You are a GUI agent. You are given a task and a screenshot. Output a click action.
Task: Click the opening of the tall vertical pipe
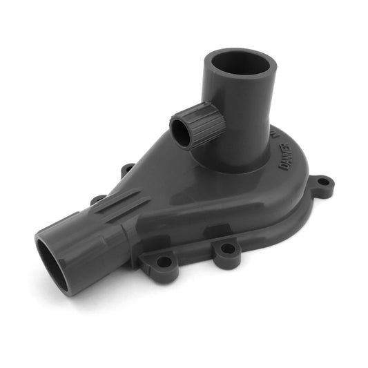tap(240, 66)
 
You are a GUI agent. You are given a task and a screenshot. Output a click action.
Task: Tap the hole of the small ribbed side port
tap(182, 131)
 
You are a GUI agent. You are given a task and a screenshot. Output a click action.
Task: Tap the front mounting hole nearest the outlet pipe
tap(164, 262)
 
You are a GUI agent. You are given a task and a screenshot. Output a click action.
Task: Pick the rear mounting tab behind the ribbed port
tap(127, 169)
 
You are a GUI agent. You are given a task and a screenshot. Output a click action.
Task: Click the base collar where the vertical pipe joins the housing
tap(238, 162)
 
